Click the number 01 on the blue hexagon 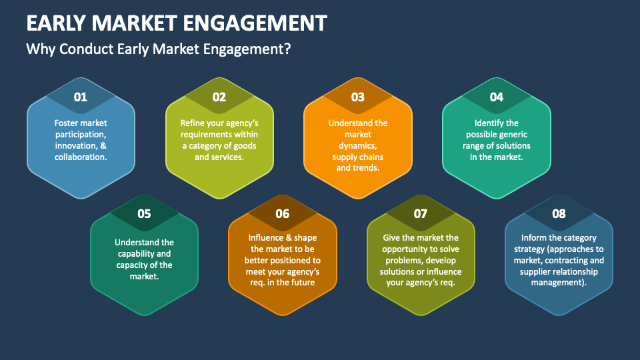[x=81, y=97]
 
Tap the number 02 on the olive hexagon [x=219, y=97]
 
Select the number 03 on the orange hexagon [x=358, y=97]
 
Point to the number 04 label [x=497, y=97]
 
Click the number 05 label [x=144, y=214]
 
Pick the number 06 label [x=283, y=214]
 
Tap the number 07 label [x=421, y=214]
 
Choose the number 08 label [x=559, y=214]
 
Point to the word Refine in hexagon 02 [x=193, y=123]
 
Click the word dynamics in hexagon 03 [x=358, y=145]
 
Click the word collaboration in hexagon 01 [x=81, y=157]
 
